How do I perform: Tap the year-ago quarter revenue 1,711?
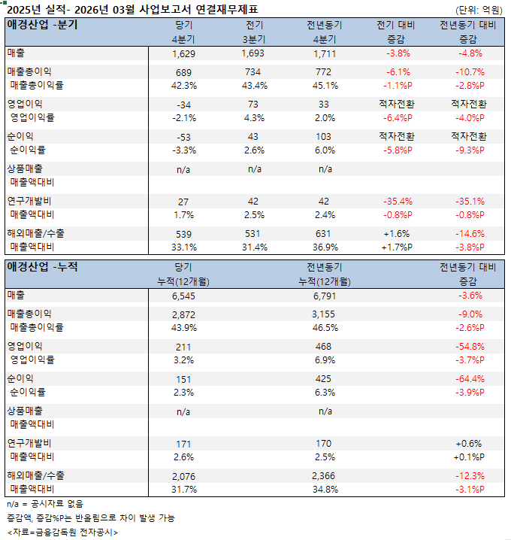pyautogui.click(x=325, y=53)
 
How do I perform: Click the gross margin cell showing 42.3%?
pyautogui.click(x=183, y=85)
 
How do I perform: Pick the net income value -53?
pyautogui.click(x=183, y=137)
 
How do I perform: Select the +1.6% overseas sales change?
pyautogui.click(x=396, y=234)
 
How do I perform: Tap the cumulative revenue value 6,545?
pyautogui.click(x=183, y=296)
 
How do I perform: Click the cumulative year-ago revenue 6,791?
pyautogui.click(x=325, y=296)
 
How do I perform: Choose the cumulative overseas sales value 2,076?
pyautogui.click(x=183, y=476)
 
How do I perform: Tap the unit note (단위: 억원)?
pyautogui.click(x=480, y=10)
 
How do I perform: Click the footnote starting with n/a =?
pyautogui.click(x=45, y=504)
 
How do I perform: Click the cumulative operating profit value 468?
pyautogui.click(x=325, y=346)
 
